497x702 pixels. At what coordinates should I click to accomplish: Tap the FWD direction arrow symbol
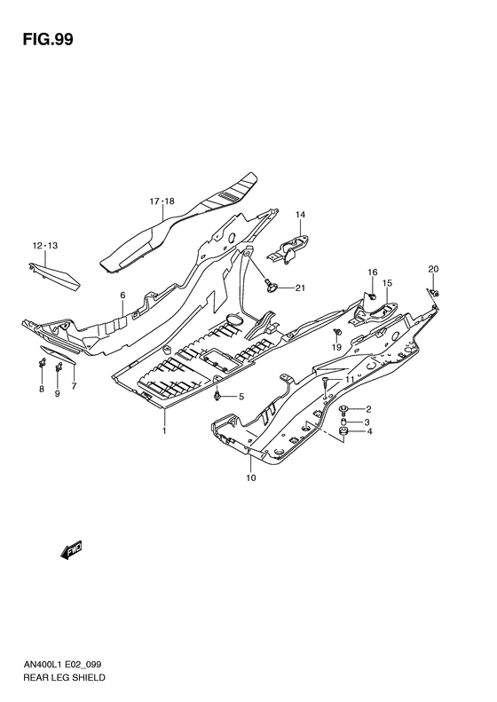[72, 551]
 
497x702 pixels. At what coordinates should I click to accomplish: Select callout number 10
[251, 478]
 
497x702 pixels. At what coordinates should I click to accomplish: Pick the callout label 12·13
[44, 245]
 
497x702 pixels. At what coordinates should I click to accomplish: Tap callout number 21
[300, 288]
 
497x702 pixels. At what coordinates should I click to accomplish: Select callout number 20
[433, 269]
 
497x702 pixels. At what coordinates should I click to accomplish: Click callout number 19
[336, 347]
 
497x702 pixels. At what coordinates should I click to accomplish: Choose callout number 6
[123, 296]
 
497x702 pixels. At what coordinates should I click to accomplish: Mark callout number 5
[240, 397]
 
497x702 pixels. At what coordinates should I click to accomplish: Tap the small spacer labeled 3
[343, 421]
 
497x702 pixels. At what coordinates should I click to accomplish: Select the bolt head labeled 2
[343, 408]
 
